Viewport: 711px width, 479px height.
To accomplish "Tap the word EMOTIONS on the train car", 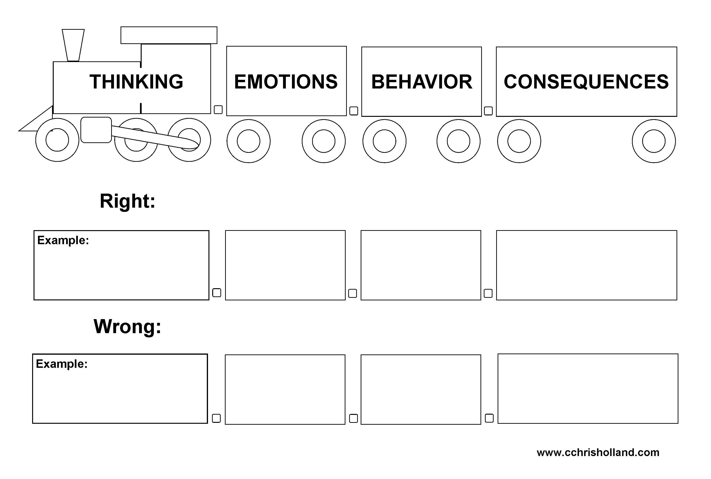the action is [x=286, y=82].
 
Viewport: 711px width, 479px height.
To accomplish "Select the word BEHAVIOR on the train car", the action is [x=422, y=82].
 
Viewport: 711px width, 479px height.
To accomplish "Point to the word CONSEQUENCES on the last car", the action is [x=586, y=82].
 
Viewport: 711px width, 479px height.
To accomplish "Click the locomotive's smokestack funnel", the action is [x=73, y=45].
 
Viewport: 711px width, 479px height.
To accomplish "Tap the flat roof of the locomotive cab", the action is [x=169, y=35].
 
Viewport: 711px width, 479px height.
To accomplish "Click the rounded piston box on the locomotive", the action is [x=96, y=130].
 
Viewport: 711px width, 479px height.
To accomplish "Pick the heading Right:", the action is [x=128, y=201].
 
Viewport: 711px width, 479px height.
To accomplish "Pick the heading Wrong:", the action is [x=127, y=327].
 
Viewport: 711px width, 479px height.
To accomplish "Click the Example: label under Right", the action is [x=63, y=240].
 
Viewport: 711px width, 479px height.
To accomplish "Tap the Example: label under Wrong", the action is [x=62, y=364].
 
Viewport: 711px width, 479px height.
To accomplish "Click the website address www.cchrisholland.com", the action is [x=598, y=452].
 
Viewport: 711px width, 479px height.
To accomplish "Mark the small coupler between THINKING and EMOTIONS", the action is [x=218, y=110].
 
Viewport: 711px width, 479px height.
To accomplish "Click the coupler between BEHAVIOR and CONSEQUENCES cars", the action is [x=488, y=111].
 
